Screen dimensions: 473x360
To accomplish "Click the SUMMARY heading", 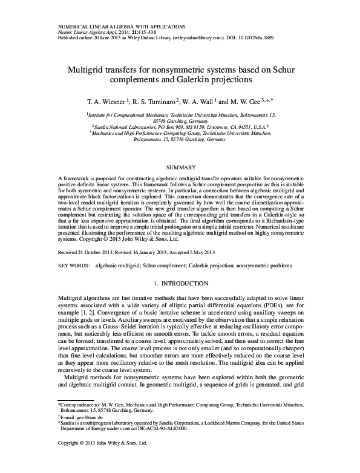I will tap(180, 167).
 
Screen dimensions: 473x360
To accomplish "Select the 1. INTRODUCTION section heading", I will tap(180, 283).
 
